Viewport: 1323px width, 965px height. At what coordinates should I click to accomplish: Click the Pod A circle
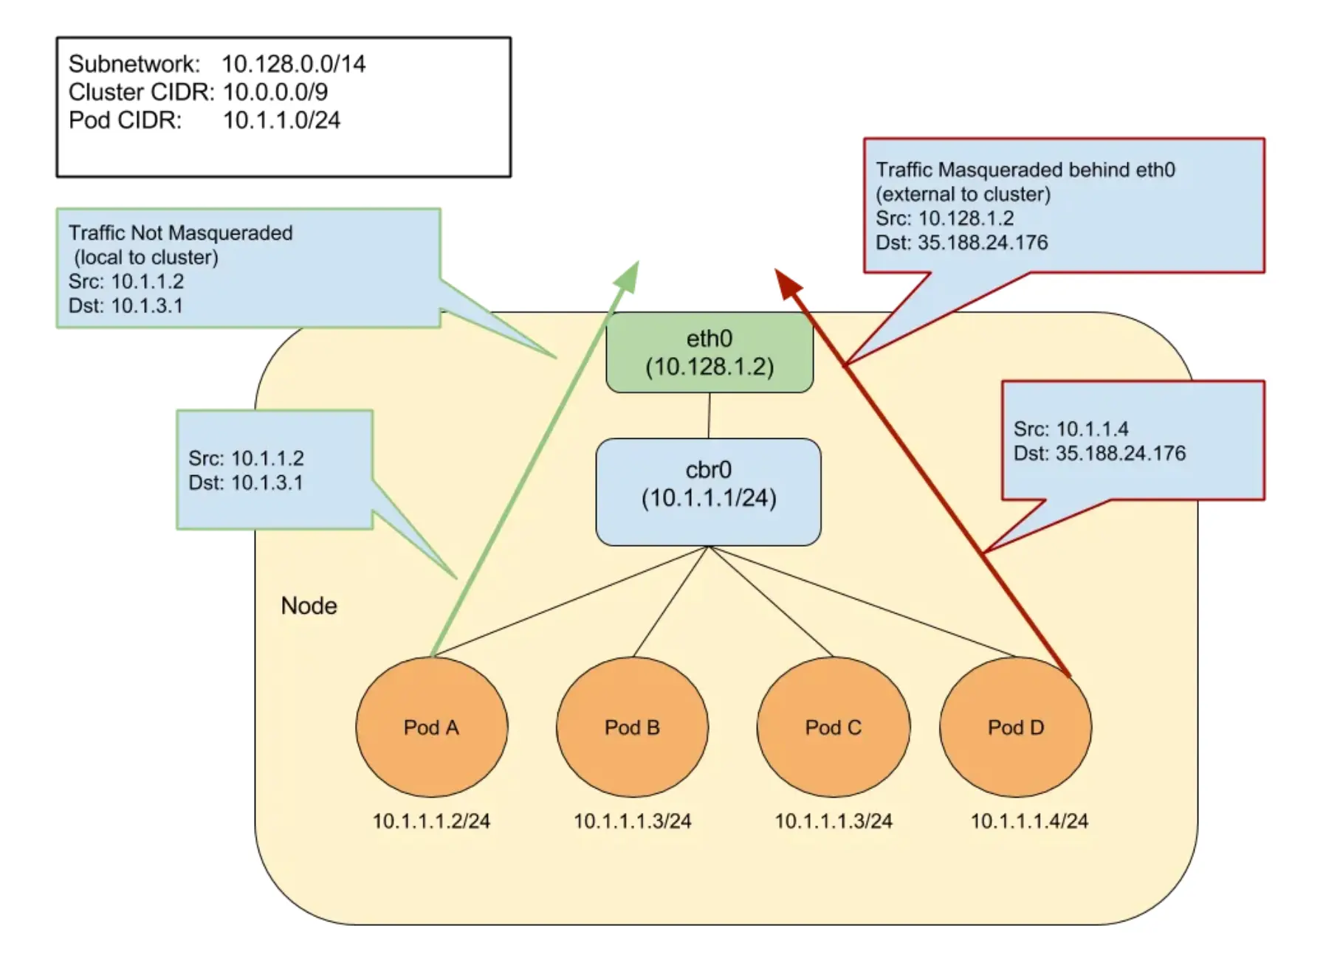click(431, 727)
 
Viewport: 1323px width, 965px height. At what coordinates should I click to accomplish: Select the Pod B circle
click(632, 727)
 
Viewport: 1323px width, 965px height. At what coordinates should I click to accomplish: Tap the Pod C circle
click(833, 727)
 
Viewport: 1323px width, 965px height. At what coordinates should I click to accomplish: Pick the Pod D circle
click(1015, 727)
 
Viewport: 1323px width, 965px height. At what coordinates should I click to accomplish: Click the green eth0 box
click(709, 353)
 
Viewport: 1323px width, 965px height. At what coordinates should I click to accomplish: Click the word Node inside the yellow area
click(309, 606)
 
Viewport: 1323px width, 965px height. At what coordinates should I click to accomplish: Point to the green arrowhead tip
click(636, 263)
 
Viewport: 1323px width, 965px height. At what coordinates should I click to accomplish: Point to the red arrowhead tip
click(777, 271)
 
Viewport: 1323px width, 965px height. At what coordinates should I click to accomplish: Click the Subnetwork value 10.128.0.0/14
click(293, 64)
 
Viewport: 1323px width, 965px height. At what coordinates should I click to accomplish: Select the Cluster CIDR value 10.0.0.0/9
click(275, 92)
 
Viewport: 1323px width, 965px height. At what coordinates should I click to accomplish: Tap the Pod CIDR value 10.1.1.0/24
click(281, 120)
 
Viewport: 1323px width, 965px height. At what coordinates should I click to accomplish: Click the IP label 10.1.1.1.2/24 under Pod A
click(431, 821)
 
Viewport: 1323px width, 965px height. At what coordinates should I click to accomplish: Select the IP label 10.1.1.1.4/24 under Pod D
click(1028, 821)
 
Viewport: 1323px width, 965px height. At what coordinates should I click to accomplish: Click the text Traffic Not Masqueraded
click(180, 233)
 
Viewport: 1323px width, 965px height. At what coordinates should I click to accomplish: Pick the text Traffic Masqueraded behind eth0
click(1025, 170)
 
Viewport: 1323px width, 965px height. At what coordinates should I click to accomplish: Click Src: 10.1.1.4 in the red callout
click(1071, 429)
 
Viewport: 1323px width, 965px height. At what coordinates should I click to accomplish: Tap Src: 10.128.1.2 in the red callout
click(944, 218)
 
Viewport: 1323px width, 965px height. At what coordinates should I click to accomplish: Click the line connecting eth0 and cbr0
click(709, 415)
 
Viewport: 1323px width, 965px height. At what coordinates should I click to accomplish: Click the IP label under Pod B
click(632, 821)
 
